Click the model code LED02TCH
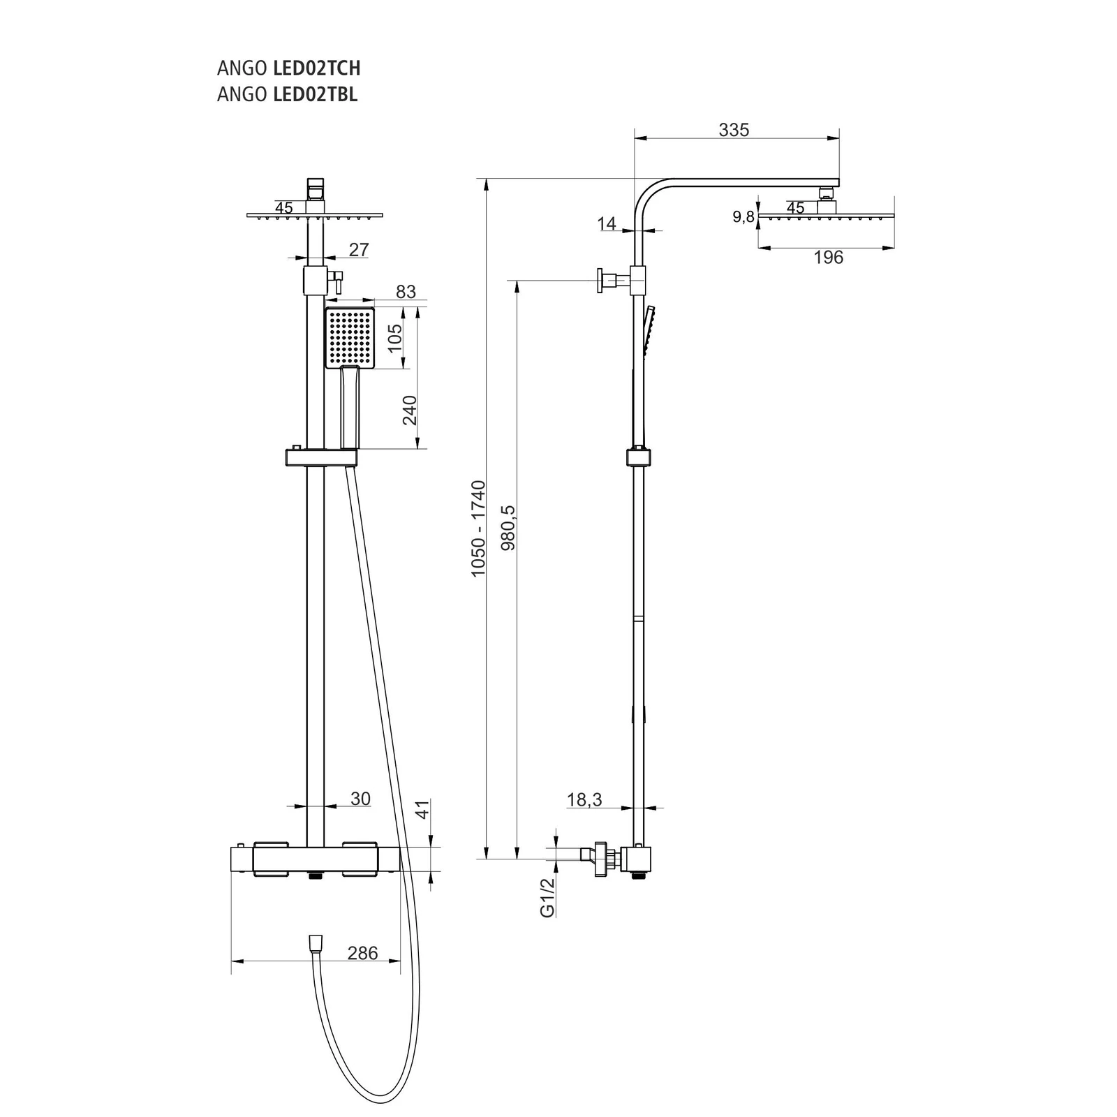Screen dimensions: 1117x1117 click(x=316, y=68)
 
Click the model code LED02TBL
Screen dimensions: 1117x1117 click(x=315, y=94)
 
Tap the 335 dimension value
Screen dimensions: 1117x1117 click(x=734, y=130)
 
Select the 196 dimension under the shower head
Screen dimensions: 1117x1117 click(x=828, y=258)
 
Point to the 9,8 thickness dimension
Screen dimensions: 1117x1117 click(x=744, y=217)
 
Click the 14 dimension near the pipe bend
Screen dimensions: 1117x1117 click(x=607, y=223)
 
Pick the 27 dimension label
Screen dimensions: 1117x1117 click(x=358, y=250)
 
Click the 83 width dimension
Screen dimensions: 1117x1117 click(x=406, y=292)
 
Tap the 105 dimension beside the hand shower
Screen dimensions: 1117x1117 click(x=395, y=339)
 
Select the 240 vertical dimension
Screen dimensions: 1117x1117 click(x=409, y=410)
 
